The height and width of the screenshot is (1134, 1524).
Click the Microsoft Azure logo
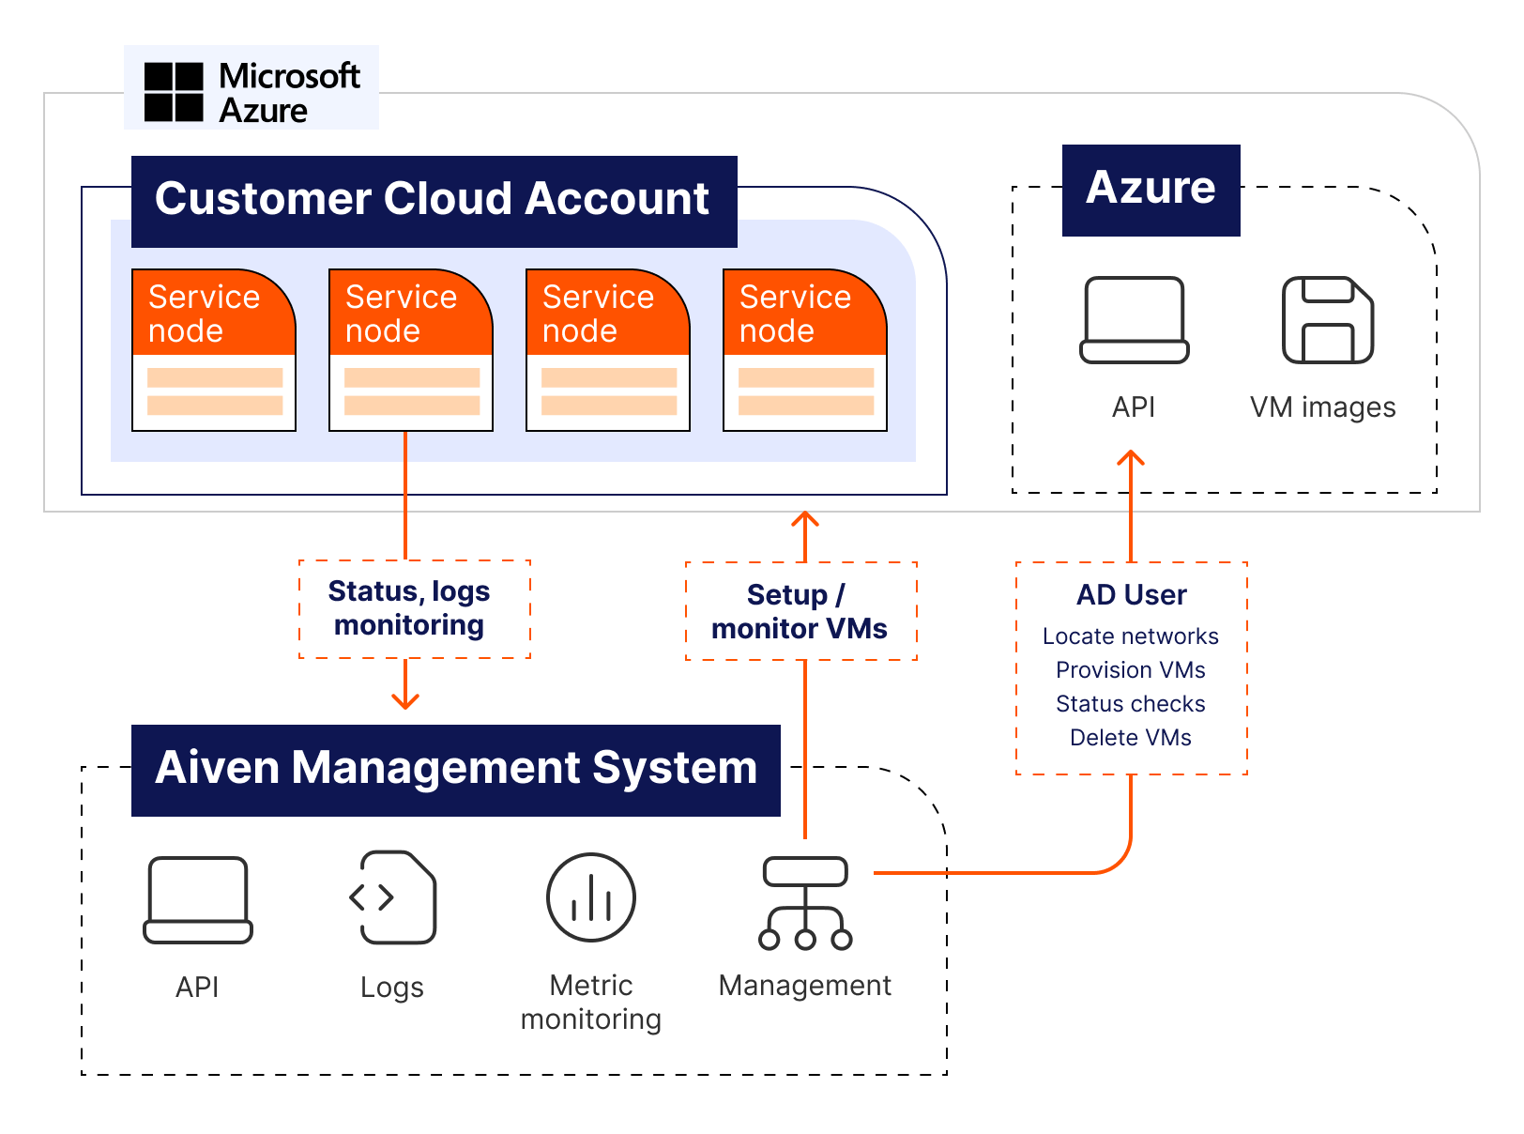(x=251, y=88)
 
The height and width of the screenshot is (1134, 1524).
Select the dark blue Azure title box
(x=1151, y=190)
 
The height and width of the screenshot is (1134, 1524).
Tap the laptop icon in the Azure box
(x=1134, y=320)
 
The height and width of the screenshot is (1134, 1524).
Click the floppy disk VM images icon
(x=1327, y=320)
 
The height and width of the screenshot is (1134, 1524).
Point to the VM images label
(x=1322, y=407)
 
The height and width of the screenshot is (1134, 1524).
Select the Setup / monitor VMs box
(x=800, y=611)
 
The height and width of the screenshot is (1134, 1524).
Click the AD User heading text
(x=1131, y=595)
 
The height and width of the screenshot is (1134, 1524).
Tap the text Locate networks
(x=1130, y=636)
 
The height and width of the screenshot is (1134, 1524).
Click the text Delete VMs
(x=1130, y=738)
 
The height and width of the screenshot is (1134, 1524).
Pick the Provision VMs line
(x=1130, y=670)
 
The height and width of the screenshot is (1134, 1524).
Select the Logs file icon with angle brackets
(x=392, y=896)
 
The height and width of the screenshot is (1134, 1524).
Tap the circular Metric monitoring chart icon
(x=591, y=897)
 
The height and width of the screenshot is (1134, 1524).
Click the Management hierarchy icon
(x=805, y=903)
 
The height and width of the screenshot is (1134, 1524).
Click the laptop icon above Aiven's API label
(x=198, y=899)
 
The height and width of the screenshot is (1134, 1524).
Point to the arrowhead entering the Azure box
(x=1131, y=459)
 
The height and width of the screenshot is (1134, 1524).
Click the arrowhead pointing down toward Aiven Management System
(x=405, y=700)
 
